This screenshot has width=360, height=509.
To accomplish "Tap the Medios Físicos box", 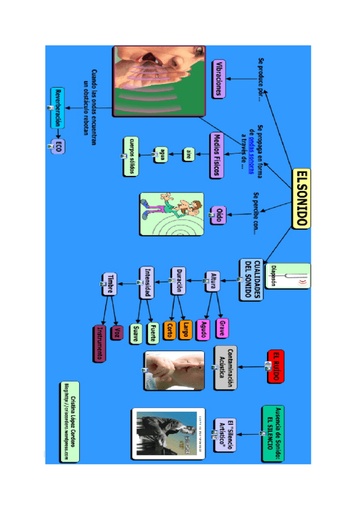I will [x=217, y=155].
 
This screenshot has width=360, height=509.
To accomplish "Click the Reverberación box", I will [x=58, y=108].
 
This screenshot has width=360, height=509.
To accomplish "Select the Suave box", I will [x=136, y=334].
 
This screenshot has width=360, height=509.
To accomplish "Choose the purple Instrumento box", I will [x=100, y=343].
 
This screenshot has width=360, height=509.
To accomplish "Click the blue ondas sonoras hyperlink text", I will [x=252, y=146].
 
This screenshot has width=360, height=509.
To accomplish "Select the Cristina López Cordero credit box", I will [x=69, y=421].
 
